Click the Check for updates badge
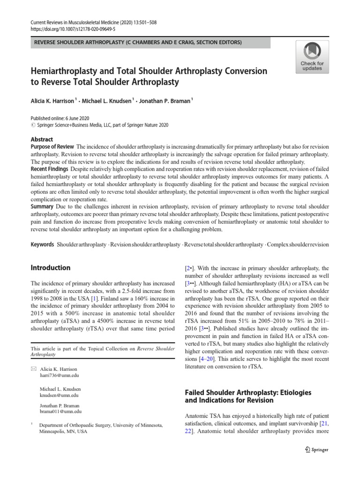coord(312,57)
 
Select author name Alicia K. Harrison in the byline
coord(52,100)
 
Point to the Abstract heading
coord(42,139)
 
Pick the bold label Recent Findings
coord(49,169)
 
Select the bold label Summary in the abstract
coord(42,206)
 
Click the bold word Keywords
coord(42,244)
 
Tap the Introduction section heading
coord(51,268)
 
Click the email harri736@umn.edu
coord(60,376)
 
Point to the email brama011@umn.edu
coord(61,412)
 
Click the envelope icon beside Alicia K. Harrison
coord(32,369)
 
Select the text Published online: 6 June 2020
coord(60,119)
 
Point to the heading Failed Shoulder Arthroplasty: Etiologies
coord(248,392)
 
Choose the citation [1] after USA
coord(94,299)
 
